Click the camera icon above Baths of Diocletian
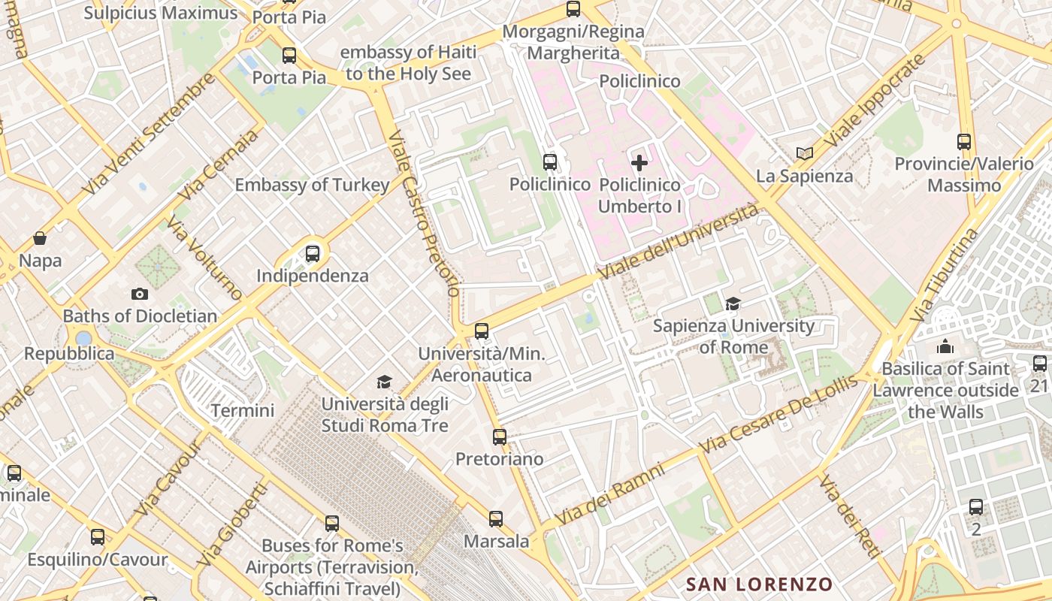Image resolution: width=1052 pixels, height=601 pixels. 139,294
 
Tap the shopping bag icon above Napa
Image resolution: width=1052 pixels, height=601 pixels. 40,238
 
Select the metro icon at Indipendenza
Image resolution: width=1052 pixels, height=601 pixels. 313,254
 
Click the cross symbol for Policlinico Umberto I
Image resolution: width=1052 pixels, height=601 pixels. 639,162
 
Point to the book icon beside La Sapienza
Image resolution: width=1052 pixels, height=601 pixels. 805,153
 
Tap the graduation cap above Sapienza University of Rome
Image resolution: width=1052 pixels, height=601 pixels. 733,304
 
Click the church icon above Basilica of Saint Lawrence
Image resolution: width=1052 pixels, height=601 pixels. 945,346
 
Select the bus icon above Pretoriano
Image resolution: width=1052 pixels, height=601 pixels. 499,436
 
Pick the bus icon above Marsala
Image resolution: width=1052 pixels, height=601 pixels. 496,518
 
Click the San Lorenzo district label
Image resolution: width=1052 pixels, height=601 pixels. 760,584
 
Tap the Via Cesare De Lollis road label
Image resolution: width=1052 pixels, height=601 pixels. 778,414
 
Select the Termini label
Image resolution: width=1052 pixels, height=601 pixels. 242,411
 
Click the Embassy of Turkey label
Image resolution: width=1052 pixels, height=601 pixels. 313,185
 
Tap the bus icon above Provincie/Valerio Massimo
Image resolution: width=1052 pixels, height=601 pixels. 964,141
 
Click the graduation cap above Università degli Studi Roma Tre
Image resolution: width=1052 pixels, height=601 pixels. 385,382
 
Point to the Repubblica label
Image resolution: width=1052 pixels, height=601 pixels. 69,353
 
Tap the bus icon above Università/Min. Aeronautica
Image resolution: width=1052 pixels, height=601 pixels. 482,331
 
